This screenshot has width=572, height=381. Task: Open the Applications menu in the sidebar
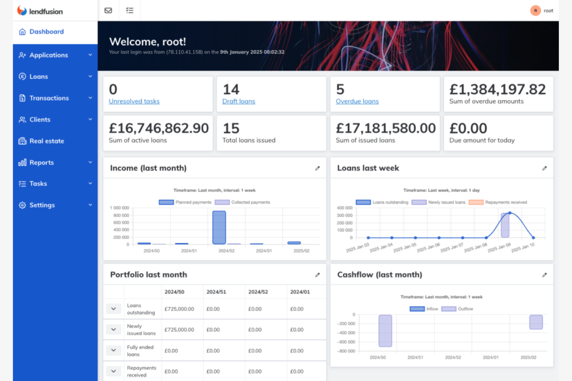pyautogui.click(x=49, y=55)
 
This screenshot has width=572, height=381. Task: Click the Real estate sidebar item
pyautogui.click(x=46, y=141)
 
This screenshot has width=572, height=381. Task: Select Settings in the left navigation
pyautogui.click(x=42, y=205)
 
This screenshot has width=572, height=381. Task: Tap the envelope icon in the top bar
pyautogui.click(x=108, y=10)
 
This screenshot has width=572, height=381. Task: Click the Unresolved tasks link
pyautogui.click(x=134, y=102)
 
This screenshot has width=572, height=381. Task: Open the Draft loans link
pyautogui.click(x=238, y=102)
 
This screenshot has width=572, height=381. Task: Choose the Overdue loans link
pyautogui.click(x=357, y=102)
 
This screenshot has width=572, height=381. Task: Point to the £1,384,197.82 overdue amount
pyautogui.click(x=497, y=90)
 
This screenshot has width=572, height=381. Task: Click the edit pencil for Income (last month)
pyautogui.click(x=317, y=168)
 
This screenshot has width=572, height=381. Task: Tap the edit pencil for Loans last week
pyautogui.click(x=544, y=168)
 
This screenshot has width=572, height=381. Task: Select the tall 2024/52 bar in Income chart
pyautogui.click(x=219, y=227)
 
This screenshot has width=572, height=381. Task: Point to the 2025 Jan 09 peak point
pyautogui.click(x=510, y=213)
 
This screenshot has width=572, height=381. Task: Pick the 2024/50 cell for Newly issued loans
pyautogui.click(x=179, y=330)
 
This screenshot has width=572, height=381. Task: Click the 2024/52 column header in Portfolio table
pyautogui.click(x=258, y=292)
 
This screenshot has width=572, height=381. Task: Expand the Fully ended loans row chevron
pyautogui.click(x=114, y=351)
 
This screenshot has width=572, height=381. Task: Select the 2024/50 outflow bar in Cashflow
pyautogui.click(x=385, y=331)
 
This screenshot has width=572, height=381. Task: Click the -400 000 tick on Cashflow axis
pyautogui.click(x=346, y=333)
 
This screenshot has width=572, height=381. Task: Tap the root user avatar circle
pyautogui.click(x=535, y=11)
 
